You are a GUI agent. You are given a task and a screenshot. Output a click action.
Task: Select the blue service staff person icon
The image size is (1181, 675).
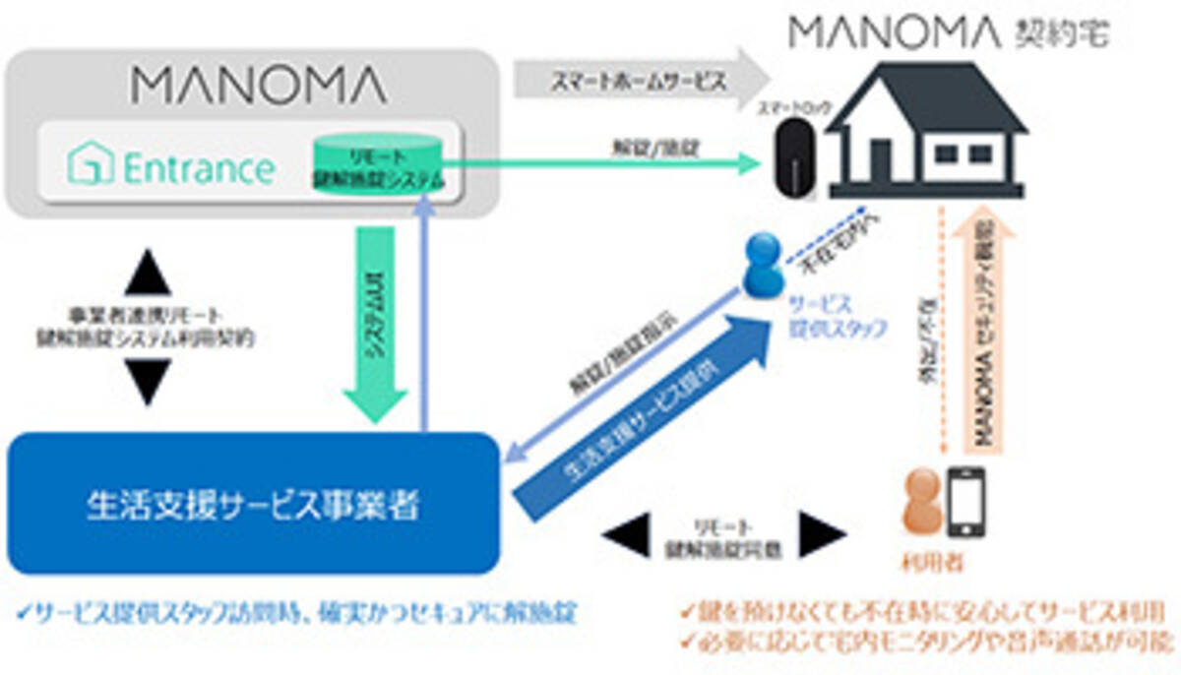(763, 267)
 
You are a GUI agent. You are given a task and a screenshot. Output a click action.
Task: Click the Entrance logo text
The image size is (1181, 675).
(171, 167)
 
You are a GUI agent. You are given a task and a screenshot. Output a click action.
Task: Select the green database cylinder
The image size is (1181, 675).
(378, 161)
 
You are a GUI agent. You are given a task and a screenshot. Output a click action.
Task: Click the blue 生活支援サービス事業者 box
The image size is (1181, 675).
(253, 504)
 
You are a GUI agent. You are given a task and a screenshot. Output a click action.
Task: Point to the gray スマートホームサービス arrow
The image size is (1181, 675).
(640, 80)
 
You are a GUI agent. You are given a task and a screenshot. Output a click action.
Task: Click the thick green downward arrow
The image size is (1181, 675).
(375, 325)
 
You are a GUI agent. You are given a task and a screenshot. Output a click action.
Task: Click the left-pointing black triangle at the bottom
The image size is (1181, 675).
(622, 536)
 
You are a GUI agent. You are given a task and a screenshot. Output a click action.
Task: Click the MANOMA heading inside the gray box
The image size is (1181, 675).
(259, 87)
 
